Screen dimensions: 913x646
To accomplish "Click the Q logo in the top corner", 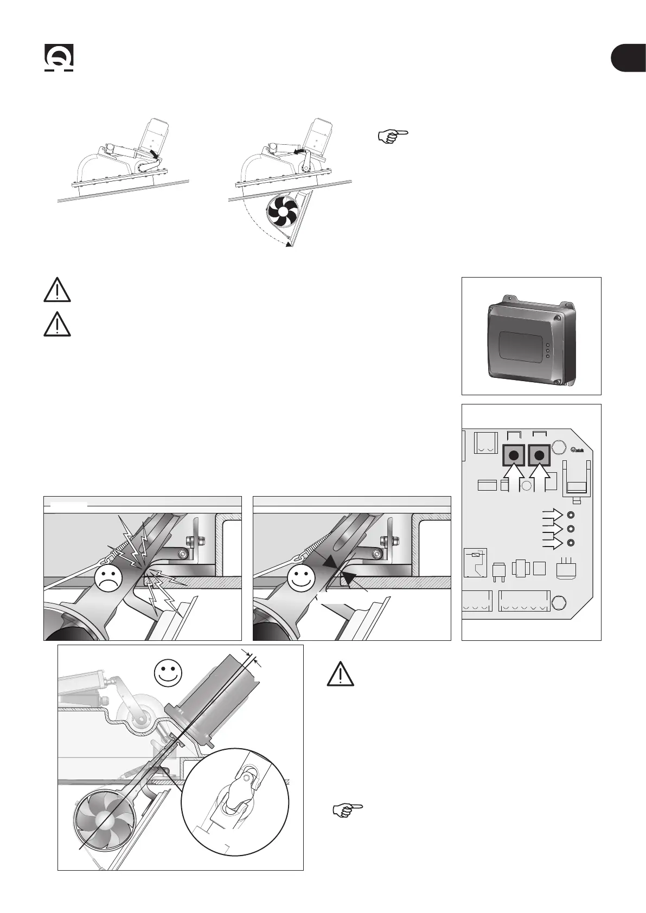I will point(59,58).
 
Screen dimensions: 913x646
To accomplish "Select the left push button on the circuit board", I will point(513,455).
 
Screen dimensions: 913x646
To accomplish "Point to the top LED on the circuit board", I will point(571,515).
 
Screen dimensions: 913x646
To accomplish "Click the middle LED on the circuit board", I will point(571,529).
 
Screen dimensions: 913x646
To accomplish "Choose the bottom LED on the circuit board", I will point(571,543).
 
